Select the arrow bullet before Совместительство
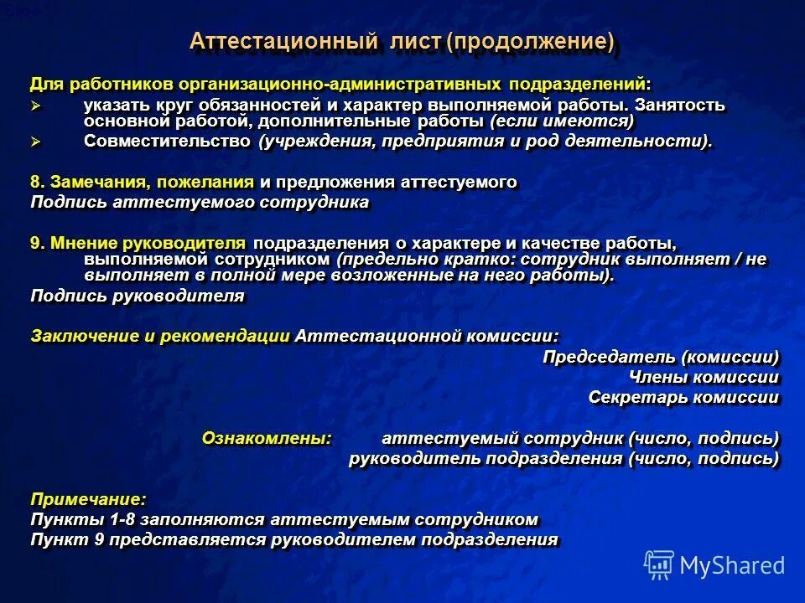pos(35,142)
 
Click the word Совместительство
pos(167,141)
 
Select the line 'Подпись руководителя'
pos(138,296)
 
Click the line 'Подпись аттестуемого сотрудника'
pos(200,202)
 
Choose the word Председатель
pos(610,357)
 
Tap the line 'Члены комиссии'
pos(711,377)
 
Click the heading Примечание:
pos(88,499)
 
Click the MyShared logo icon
pos(658,565)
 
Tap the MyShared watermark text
pos(732,565)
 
